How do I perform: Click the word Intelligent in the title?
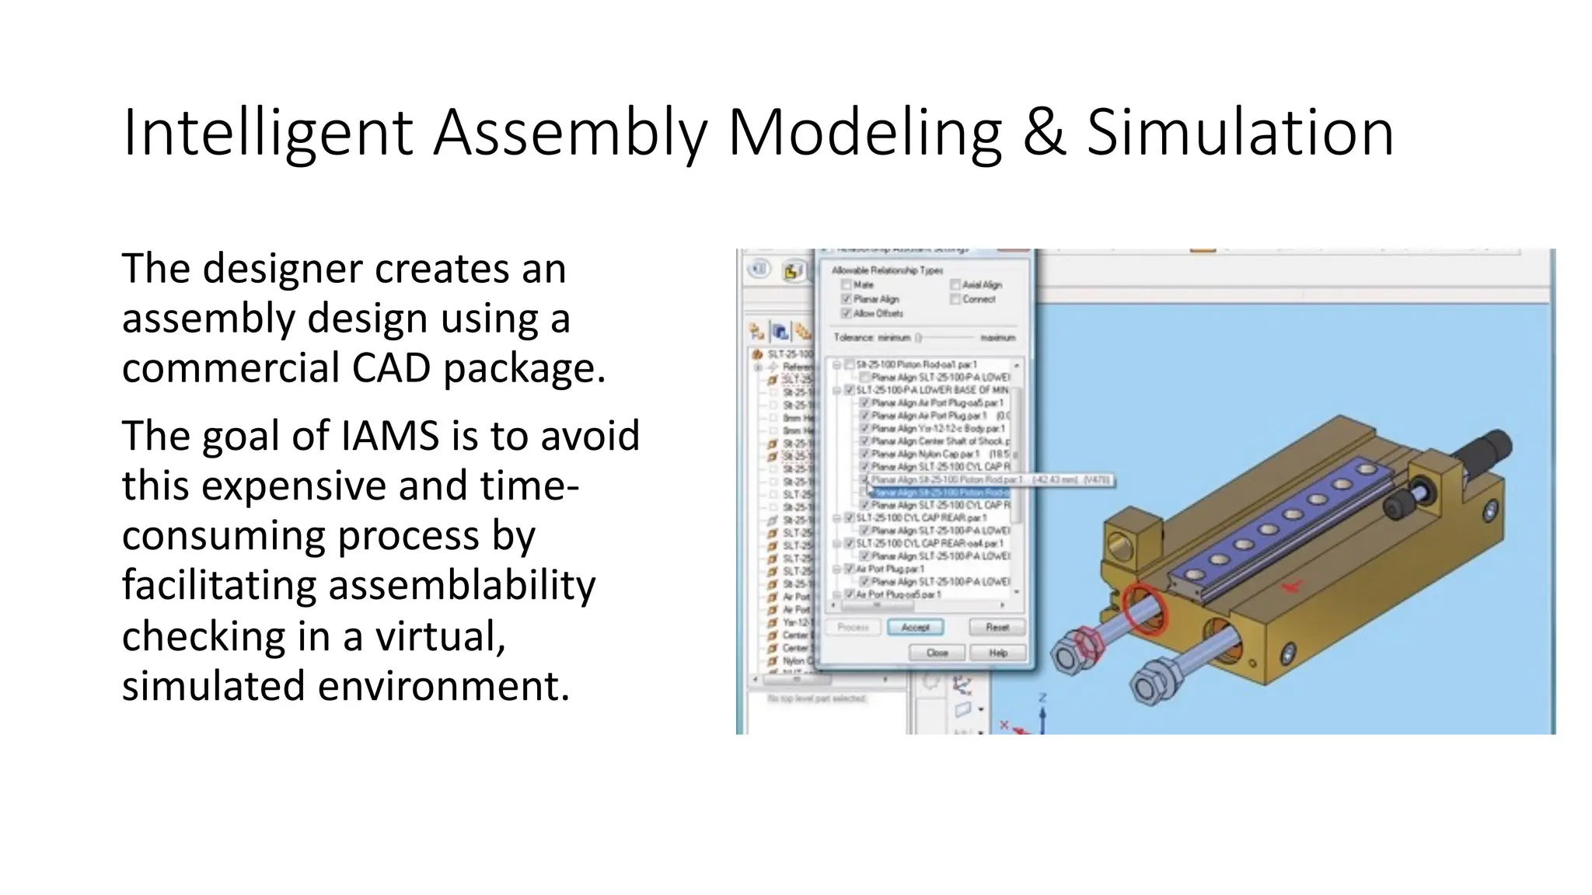pyautogui.click(x=267, y=134)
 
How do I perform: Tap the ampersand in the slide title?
pyautogui.click(x=1043, y=134)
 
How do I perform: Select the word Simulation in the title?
pyautogui.click(x=1240, y=134)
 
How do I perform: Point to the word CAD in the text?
pyautogui.click(x=392, y=367)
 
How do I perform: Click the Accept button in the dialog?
pyautogui.click(x=915, y=627)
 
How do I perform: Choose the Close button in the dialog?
pyautogui.click(x=937, y=653)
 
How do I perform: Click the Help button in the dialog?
pyautogui.click(x=997, y=653)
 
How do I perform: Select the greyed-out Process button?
pyautogui.click(x=853, y=627)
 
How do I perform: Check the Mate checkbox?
pyautogui.click(x=847, y=285)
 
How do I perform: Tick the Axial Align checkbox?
pyautogui.click(x=955, y=285)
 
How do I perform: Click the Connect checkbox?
pyautogui.click(x=955, y=299)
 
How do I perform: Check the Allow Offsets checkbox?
pyautogui.click(x=847, y=313)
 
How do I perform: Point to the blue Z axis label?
pyautogui.click(x=1042, y=698)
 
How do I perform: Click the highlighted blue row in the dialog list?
pyautogui.click(x=941, y=493)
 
